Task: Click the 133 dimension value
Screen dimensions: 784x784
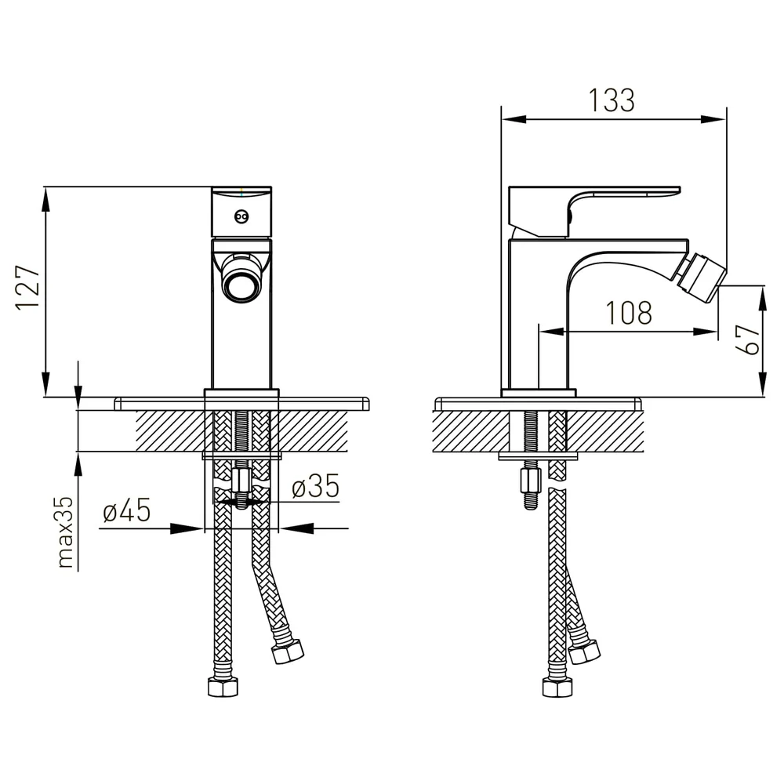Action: click(x=612, y=100)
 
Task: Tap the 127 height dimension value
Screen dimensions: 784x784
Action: click(x=27, y=288)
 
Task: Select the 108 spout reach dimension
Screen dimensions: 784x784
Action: click(x=629, y=313)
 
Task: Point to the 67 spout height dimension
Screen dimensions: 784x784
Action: click(x=748, y=339)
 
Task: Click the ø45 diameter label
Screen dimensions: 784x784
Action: click(x=126, y=510)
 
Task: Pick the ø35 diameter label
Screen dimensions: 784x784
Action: click(x=315, y=486)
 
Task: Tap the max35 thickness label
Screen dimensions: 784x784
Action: click(x=66, y=532)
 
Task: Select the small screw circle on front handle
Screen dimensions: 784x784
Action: click(x=241, y=216)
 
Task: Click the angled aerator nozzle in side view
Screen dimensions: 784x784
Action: click(x=700, y=279)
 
